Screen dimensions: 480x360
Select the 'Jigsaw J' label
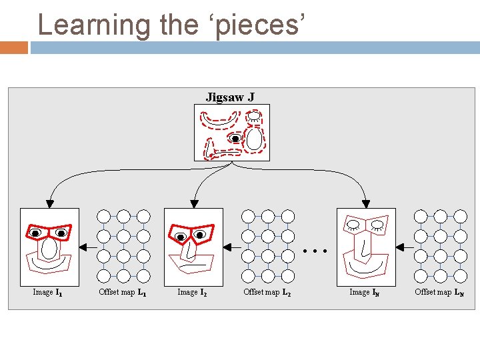pos(229,97)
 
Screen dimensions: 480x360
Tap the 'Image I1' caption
pos(48,292)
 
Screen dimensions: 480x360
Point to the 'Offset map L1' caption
pos(123,292)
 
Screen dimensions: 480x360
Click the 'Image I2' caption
pos(192,292)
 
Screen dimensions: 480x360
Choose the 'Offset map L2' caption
pos(267,292)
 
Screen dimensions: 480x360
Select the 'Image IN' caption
pos(365,292)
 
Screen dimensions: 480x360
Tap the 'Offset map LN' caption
pos(439,292)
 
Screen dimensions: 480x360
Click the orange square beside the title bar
pos(14,48)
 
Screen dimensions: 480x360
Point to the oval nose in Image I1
pos(49,249)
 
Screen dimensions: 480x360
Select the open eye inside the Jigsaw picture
pos(235,139)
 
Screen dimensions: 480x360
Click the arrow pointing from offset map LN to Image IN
pos(404,247)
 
